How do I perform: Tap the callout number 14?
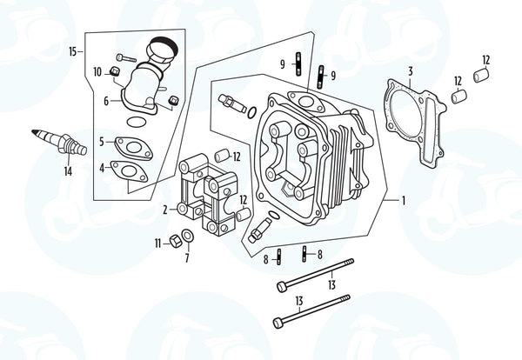tap(67, 171)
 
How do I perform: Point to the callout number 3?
tap(411, 70)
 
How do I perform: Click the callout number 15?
tap(73, 52)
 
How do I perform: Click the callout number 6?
tap(106, 101)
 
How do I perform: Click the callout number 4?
tap(102, 167)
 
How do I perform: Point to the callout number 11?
tap(157, 243)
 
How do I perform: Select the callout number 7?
tap(187, 258)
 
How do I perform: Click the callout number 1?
tap(404, 200)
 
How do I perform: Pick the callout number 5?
tap(102, 142)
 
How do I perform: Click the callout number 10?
tap(97, 71)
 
